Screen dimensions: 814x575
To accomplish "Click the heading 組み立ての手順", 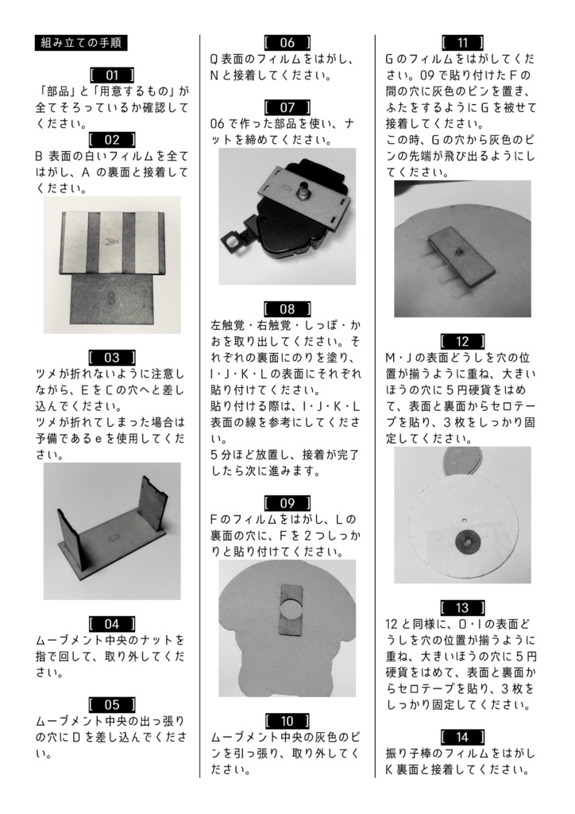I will pyautogui.click(x=82, y=43).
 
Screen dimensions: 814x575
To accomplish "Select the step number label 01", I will pyautogui.click(x=112, y=75).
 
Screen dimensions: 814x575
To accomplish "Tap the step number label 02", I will pyautogui.click(x=112, y=140).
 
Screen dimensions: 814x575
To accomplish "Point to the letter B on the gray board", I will pyautogui.click(x=112, y=297).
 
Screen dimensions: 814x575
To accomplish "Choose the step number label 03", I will pyautogui.click(x=112, y=357).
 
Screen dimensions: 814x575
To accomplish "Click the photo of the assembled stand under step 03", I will pyautogui.click(x=112, y=531).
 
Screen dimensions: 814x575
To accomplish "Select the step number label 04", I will pyautogui.click(x=112, y=624).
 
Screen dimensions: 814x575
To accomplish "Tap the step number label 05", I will pyautogui.click(x=112, y=704).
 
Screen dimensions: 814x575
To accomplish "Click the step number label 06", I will pyautogui.click(x=287, y=43).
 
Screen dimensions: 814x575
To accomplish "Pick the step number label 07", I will pyautogui.click(x=287, y=107).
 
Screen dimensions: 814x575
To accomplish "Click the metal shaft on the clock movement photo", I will pyautogui.click(x=303, y=193).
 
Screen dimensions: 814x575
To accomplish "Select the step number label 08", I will pyautogui.click(x=287, y=308).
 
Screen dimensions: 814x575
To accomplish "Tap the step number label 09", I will pyautogui.click(x=287, y=502).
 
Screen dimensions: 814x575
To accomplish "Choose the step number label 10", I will pyautogui.click(x=287, y=721).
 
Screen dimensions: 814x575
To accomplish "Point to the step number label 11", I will pyautogui.click(x=462, y=43).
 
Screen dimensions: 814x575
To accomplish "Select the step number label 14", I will pyautogui.click(x=462, y=737).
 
